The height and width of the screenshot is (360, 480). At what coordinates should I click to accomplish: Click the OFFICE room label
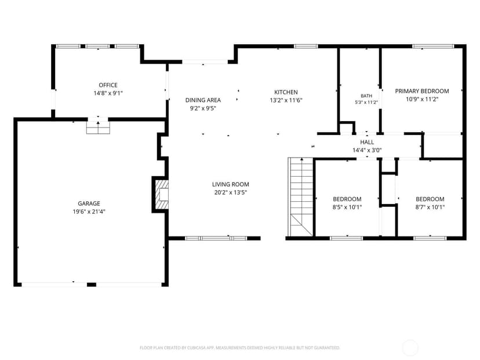coord(108,85)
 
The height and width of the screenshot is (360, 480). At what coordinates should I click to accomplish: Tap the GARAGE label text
coord(89,203)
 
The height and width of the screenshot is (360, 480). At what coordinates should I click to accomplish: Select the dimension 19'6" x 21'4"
coord(89,212)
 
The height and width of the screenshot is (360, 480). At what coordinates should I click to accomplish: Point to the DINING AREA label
coord(203,100)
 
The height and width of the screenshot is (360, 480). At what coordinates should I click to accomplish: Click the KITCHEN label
coord(286,92)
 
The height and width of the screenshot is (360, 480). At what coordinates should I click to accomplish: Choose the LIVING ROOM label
coord(231,184)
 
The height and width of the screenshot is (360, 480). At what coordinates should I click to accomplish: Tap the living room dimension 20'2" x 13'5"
coord(231,192)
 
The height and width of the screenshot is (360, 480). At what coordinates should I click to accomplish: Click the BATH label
coord(366,96)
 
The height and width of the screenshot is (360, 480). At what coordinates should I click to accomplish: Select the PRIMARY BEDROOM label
coord(422,91)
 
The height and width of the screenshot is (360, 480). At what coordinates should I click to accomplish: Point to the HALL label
coord(367,142)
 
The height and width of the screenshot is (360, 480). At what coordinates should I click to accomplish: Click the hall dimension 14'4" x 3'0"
coord(367,150)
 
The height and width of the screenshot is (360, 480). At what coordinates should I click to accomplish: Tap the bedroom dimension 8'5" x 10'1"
coord(347,207)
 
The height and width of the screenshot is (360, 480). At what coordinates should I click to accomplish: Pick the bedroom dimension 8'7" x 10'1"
coord(430,207)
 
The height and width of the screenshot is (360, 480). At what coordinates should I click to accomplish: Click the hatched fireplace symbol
coord(162,195)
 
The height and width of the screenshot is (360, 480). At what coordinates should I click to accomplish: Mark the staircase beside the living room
coord(301,197)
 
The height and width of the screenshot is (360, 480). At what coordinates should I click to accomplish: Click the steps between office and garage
coord(98,128)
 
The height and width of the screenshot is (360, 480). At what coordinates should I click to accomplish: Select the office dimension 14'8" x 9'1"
coord(108,93)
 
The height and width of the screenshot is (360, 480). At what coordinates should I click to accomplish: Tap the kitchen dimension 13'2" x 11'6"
coord(286,100)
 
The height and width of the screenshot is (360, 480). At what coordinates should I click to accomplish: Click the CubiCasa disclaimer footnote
coord(239,348)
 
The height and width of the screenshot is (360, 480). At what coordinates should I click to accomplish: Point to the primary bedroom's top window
coord(433,46)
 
